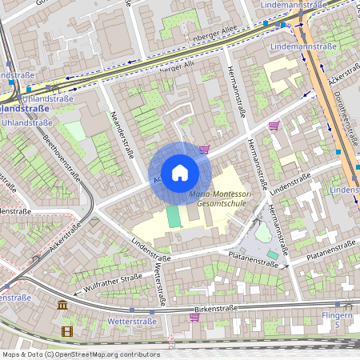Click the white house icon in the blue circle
pos(179,172)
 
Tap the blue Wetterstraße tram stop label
pos(132,322)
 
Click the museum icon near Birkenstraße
pos(62,305)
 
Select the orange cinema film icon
pos(66,330)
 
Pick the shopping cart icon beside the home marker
pos(205,149)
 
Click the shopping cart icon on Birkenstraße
pos(194,317)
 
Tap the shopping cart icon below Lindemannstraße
pos(274,126)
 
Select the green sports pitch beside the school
pos(174,217)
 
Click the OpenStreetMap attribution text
pos(81,354)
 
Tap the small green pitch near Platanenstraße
pos(273,254)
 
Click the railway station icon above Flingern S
pos(347,305)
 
